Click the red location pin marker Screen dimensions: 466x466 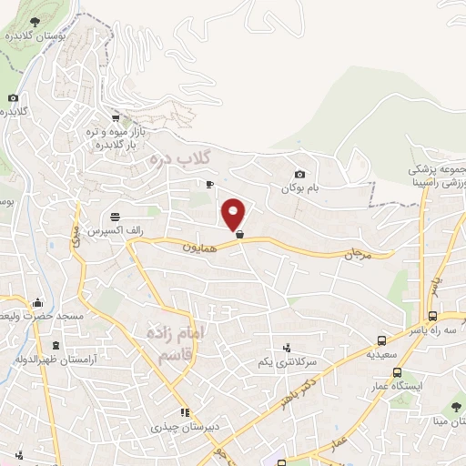234,214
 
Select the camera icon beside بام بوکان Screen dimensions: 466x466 299,175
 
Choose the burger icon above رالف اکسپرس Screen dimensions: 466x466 116,218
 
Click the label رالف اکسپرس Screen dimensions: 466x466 115,231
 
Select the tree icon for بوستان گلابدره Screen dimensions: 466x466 34,21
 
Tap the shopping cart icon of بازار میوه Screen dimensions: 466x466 116,118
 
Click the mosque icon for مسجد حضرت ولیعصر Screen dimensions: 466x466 37,302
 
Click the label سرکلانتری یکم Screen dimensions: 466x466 288,361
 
